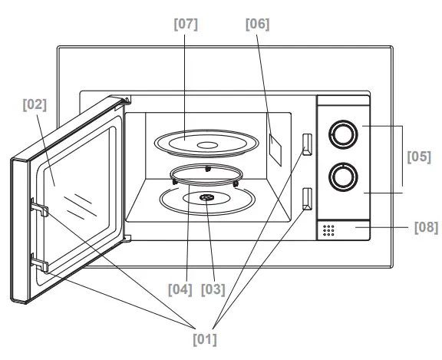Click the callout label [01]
point(204,337)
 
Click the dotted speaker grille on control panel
point(329,230)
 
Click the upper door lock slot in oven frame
point(307,144)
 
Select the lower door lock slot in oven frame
point(307,198)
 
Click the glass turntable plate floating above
point(201,143)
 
